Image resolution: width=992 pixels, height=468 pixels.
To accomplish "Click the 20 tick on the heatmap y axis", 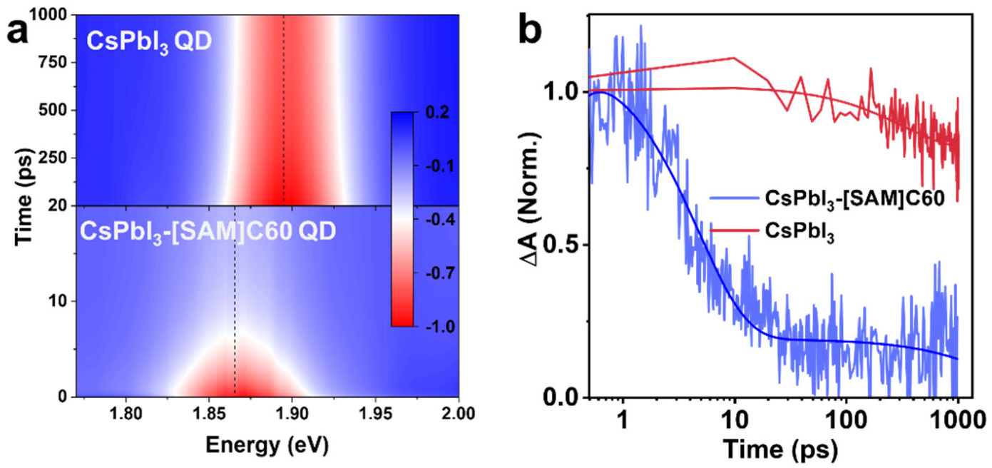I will (61, 205).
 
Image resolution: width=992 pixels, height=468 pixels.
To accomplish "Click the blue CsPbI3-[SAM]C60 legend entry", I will (817, 199).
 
